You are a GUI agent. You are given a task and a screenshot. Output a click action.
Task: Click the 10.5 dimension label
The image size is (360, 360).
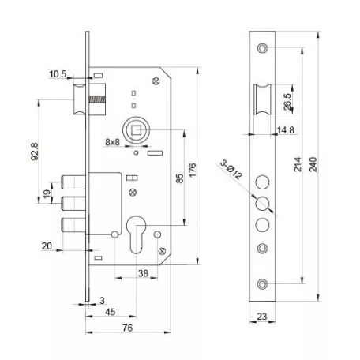[x=58, y=74]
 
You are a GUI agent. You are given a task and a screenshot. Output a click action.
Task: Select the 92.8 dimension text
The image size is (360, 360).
[x=35, y=152]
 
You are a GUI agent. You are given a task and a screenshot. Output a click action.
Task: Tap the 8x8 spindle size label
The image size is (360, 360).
[x=112, y=142]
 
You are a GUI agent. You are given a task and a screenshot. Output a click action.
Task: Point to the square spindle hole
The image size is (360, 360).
[x=136, y=130]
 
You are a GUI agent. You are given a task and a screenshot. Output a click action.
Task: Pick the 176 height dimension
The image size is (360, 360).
[x=193, y=171]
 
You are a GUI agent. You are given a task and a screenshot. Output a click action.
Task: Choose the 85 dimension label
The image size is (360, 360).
[x=180, y=178]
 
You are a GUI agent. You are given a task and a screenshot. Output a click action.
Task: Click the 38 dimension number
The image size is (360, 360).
[x=143, y=273]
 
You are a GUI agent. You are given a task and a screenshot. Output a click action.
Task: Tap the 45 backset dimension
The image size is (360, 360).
[x=111, y=312]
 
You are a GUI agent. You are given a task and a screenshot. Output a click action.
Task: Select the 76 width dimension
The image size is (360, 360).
[x=128, y=328]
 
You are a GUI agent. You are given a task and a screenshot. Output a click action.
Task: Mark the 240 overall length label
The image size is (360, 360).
[x=313, y=165]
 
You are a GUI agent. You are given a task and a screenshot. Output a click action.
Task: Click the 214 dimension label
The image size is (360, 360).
[x=298, y=165]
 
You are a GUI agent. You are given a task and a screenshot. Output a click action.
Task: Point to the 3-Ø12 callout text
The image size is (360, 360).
[x=231, y=170]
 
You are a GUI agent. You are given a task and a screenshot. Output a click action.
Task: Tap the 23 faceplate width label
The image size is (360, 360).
[x=262, y=317]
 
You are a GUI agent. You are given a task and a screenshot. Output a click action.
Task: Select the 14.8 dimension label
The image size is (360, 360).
[x=286, y=130]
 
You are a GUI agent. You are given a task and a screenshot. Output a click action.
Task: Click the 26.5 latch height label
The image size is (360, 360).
[x=287, y=102]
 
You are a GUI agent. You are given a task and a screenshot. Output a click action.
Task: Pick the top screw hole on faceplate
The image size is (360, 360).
[x=262, y=48]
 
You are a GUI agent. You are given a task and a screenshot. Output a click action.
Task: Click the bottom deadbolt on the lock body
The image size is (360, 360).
[x=73, y=225]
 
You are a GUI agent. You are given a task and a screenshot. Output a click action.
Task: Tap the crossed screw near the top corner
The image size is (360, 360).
[x=156, y=81]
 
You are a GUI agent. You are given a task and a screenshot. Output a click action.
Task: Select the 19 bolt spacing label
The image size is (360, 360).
[x=47, y=194]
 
